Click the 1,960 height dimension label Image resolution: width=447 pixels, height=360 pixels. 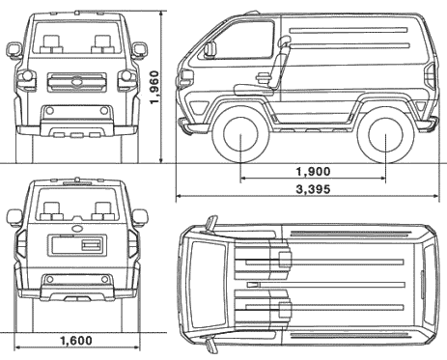click(154, 87)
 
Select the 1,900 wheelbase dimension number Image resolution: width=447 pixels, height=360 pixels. click(313, 172)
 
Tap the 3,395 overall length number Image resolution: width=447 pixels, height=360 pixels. click(313, 189)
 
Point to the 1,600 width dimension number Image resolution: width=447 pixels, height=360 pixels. click(76, 341)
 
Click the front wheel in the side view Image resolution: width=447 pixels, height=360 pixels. click(240, 135)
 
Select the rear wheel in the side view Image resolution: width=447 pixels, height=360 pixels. click(385, 135)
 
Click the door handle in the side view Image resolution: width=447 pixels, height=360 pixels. click(263, 77)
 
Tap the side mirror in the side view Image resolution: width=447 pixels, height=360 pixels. click(210, 49)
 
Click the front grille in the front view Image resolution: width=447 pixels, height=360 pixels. click(77, 82)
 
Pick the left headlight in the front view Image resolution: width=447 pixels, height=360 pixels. click(26, 78)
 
